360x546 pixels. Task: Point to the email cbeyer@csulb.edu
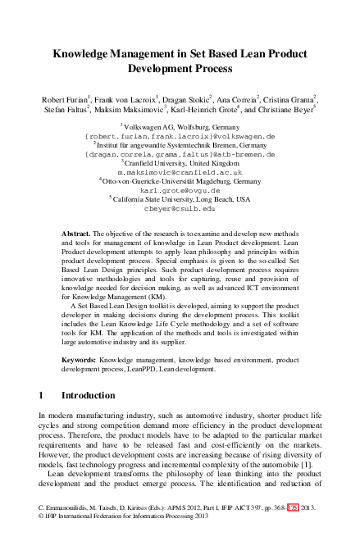coord(180,209)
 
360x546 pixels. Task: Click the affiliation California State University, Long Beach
coord(181,199)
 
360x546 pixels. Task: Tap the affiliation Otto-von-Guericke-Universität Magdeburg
coord(181,181)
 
